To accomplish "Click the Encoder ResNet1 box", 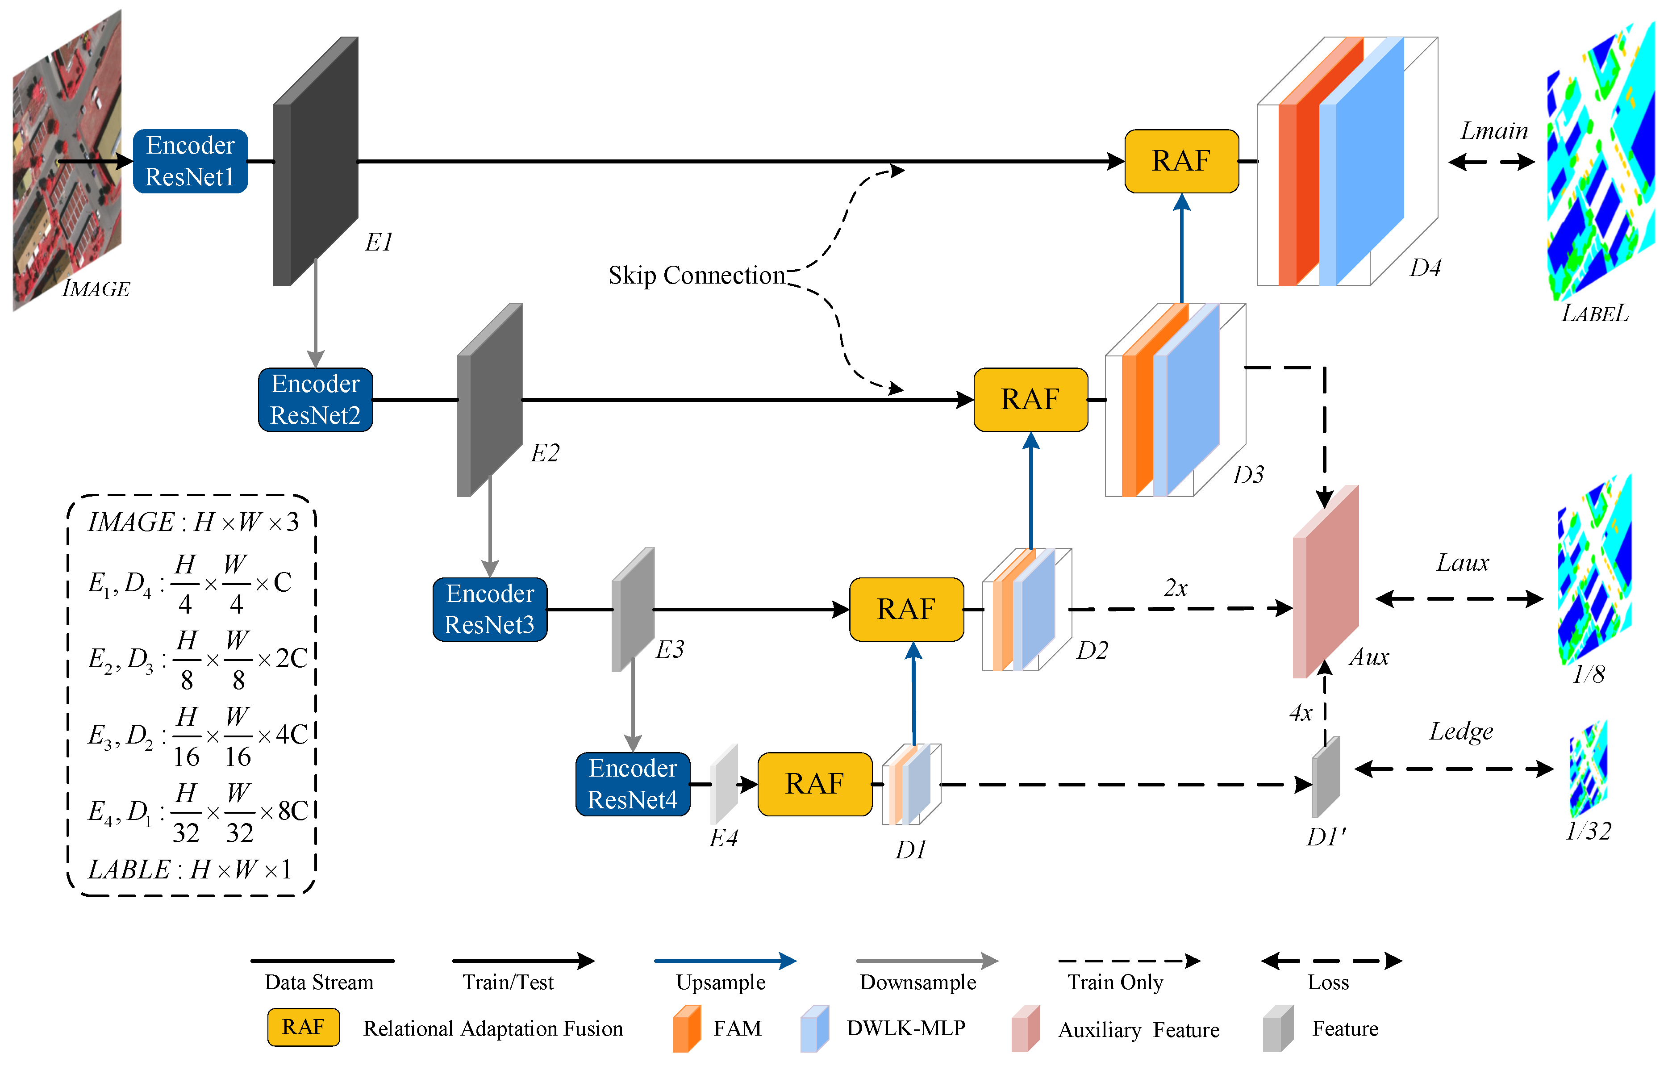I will pyautogui.click(x=191, y=161).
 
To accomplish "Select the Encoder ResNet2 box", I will pyautogui.click(x=315, y=400).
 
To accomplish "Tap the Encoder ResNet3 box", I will pyautogui.click(x=490, y=610).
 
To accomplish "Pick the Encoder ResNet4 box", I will pyautogui.click(x=633, y=784).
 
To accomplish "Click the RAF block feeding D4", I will pyautogui.click(x=1181, y=161).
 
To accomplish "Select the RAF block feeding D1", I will pyautogui.click(x=815, y=784).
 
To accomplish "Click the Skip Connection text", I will pyautogui.click(x=696, y=276).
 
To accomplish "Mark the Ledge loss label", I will pyautogui.click(x=1461, y=732).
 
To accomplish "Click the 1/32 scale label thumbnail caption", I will pyautogui.click(x=1589, y=831).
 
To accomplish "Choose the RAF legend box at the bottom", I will pyautogui.click(x=304, y=1027).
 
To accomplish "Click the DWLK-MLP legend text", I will pyautogui.click(x=906, y=1028).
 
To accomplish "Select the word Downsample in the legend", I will pyautogui.click(x=918, y=982).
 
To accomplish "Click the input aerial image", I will pyautogui.click(x=67, y=159).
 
